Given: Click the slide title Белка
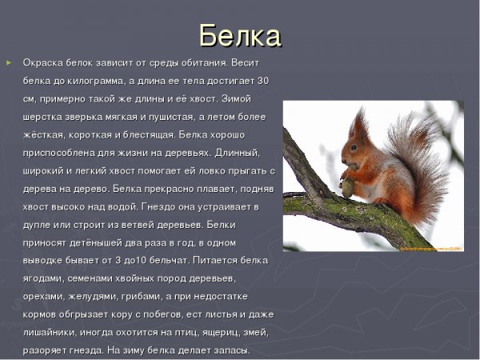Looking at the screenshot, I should tap(240, 36).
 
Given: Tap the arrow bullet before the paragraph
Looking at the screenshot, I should tap(9, 62).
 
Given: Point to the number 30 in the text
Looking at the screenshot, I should tap(264, 81).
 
